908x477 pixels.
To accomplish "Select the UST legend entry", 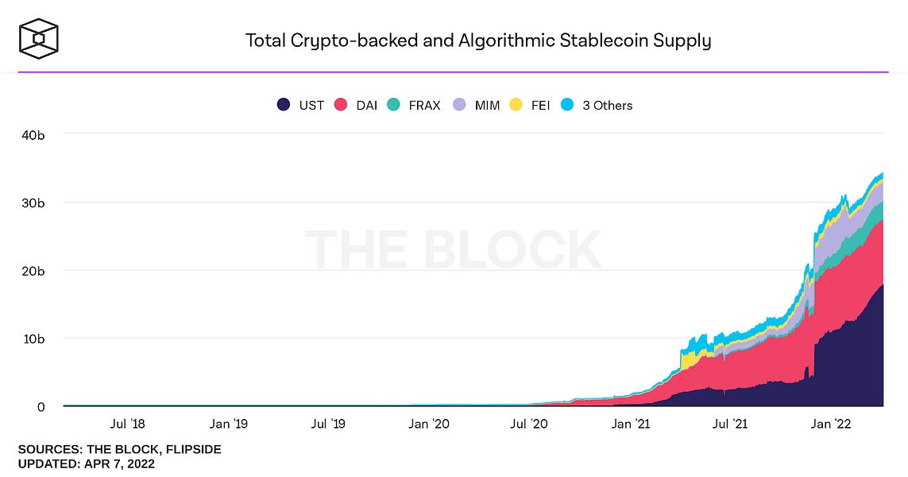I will click(x=300, y=105).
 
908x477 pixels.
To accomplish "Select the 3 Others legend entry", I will click(x=597, y=105).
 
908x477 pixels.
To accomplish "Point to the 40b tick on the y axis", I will click(x=33, y=134).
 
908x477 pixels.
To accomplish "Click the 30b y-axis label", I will click(x=33, y=203).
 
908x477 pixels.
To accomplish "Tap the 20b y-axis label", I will click(x=33, y=270).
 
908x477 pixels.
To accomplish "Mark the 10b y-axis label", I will click(x=33, y=339).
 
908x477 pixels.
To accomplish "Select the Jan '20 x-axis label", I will click(x=428, y=425).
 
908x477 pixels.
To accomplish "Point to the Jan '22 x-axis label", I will click(x=832, y=425).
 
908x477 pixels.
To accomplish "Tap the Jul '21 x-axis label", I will click(x=731, y=425).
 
